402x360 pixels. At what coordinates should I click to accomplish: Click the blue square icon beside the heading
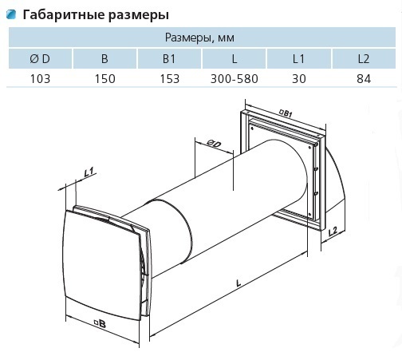click(11, 14)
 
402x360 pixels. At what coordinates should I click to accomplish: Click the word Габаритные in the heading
click(64, 15)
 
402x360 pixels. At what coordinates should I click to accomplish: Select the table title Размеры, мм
click(199, 38)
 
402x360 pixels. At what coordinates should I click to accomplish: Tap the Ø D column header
click(40, 59)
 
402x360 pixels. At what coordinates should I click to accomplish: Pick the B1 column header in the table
click(169, 59)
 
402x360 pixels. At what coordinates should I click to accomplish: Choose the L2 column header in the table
click(364, 59)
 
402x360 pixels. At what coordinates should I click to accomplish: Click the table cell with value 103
click(40, 79)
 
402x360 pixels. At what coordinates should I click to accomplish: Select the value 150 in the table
click(105, 79)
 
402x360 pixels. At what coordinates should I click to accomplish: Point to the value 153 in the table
click(170, 79)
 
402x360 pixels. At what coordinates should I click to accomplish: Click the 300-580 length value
click(235, 79)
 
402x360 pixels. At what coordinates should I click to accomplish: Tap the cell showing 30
click(299, 79)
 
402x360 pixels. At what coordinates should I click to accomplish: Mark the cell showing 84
click(364, 79)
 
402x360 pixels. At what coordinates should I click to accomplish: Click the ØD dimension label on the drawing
click(214, 144)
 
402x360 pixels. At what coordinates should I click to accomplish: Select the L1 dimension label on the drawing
click(89, 172)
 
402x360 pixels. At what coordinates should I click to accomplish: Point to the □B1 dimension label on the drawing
click(286, 113)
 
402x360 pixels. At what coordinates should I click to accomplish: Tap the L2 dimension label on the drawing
click(333, 231)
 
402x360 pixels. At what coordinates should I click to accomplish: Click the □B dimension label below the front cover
click(100, 324)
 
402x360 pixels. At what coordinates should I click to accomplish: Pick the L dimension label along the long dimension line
click(238, 283)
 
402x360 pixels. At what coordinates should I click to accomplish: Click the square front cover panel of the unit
click(102, 263)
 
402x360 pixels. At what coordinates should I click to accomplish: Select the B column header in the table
click(104, 59)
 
